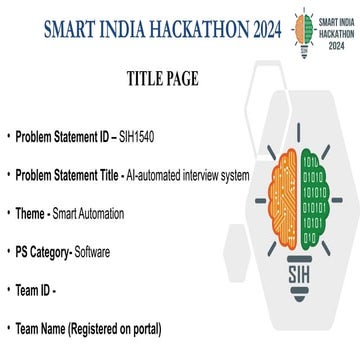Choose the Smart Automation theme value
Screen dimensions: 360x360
[106, 214]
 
